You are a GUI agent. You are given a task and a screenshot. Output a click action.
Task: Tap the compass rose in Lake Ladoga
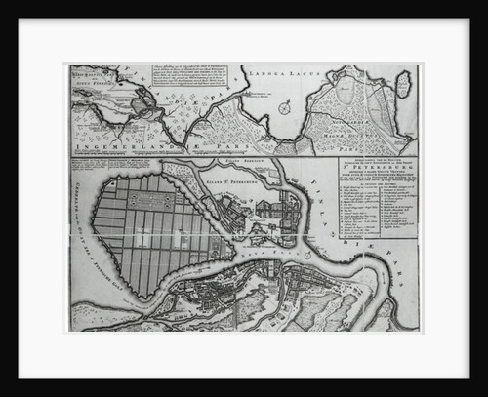tap(283, 108)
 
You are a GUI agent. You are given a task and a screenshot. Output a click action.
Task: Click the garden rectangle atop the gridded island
tap(144, 201)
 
